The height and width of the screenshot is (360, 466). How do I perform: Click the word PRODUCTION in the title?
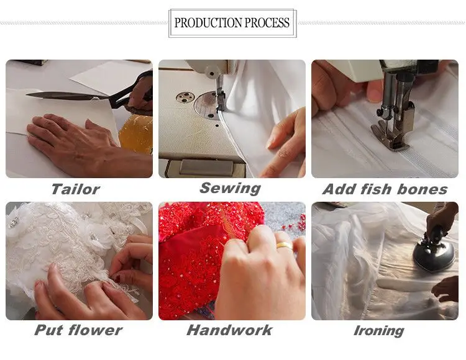(x=208, y=23)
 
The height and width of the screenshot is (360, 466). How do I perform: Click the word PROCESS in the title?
(x=267, y=23)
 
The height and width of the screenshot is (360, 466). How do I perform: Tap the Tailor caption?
(x=75, y=189)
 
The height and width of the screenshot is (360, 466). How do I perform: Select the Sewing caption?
(x=230, y=189)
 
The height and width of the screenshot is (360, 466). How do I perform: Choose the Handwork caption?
(x=229, y=330)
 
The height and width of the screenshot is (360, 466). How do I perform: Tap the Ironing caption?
(x=379, y=331)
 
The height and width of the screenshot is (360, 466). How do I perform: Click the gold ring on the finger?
(x=285, y=245)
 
